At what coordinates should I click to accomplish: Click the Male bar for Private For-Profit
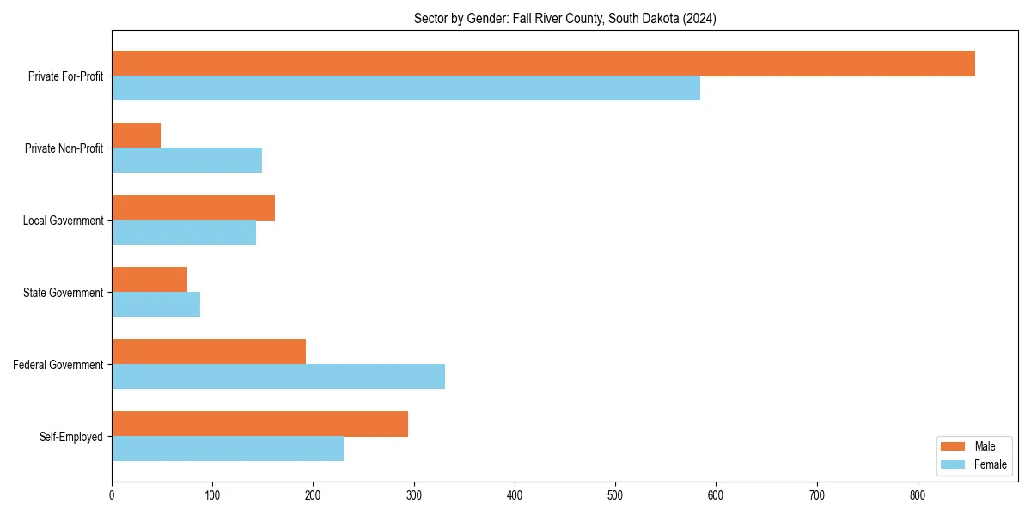pos(543,64)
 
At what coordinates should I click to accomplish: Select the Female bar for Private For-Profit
pos(406,88)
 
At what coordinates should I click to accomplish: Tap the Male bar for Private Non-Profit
pos(136,136)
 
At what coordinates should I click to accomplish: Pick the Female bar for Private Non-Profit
pos(186,161)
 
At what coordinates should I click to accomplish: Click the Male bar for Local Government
pos(193,208)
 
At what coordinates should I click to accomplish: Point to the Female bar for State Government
pos(156,305)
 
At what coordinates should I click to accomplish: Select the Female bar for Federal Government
pos(278,377)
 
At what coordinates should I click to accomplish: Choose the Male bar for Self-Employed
pos(259,424)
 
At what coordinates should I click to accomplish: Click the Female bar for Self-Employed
pos(228,449)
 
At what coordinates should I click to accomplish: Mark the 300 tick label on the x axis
pos(414,495)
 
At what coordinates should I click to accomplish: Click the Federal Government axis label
pos(58,365)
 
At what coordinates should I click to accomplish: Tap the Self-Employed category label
pos(70,437)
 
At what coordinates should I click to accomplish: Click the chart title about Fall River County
pos(564,18)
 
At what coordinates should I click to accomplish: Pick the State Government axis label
pos(63,293)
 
